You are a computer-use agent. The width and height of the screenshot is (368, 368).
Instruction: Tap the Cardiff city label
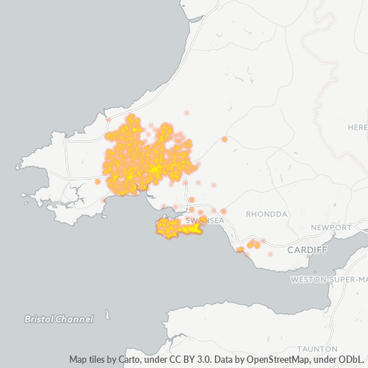pyautogui.click(x=307, y=250)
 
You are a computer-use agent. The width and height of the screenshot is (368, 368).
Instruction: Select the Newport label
pyautogui.click(x=331, y=227)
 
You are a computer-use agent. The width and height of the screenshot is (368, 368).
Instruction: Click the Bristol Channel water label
pyautogui.click(x=59, y=299)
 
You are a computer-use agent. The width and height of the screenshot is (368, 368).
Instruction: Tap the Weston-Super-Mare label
pyautogui.click(x=328, y=280)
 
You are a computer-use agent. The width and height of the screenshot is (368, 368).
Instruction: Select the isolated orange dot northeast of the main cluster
pyautogui.click(x=224, y=139)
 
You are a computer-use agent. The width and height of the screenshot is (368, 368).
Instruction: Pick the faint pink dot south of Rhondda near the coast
pyautogui.click(x=270, y=254)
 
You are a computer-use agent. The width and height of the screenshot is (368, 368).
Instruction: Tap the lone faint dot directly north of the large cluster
pyautogui.click(x=186, y=113)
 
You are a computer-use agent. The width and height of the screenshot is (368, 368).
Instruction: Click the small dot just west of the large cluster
pyautogui.click(x=97, y=181)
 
